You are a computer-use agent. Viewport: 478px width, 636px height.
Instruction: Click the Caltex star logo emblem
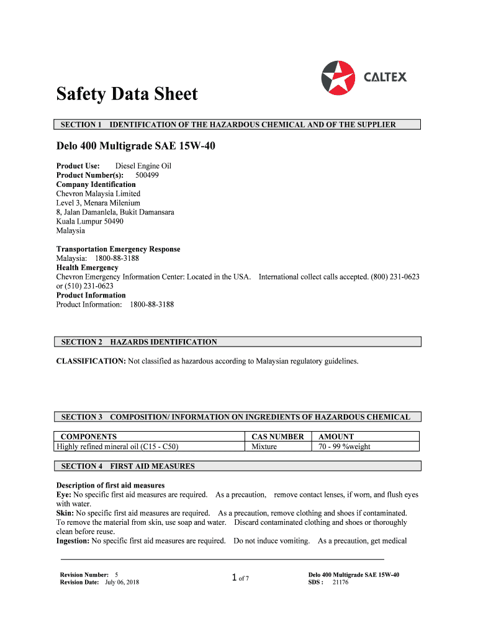point(338,78)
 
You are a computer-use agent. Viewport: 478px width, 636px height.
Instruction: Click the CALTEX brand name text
point(385,78)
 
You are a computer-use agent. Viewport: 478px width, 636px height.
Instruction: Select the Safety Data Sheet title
point(127,94)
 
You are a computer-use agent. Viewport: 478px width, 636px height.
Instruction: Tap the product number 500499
point(147,175)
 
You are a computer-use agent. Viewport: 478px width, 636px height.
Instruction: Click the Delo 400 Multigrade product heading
point(136,147)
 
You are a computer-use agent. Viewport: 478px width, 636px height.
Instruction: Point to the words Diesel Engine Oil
point(143,166)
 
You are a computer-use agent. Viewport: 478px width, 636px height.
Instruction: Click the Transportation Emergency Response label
point(118,249)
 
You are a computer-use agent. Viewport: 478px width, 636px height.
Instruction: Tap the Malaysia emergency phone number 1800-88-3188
point(117,258)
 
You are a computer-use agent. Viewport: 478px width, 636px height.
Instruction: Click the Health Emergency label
point(87,268)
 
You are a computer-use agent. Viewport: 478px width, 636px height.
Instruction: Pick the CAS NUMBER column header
point(277,437)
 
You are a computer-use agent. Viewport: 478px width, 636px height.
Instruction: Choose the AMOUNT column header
point(336,437)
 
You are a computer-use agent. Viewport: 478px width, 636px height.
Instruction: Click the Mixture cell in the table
point(264,447)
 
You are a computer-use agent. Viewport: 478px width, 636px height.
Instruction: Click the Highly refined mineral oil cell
point(117,447)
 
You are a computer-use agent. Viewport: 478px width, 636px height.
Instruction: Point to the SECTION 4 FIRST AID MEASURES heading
point(128,466)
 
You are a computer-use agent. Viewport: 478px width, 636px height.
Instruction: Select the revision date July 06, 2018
point(122,583)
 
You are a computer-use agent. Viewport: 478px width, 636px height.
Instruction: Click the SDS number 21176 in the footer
point(340,583)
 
